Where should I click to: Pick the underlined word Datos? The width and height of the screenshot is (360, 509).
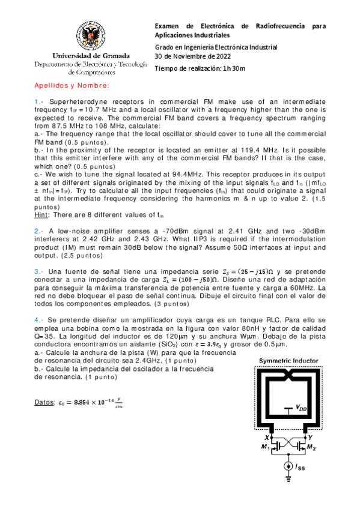44,400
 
